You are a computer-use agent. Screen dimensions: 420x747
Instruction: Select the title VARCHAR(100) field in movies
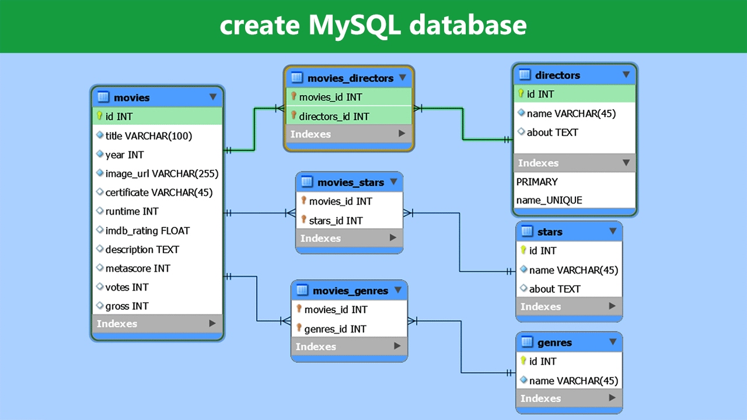[x=148, y=136]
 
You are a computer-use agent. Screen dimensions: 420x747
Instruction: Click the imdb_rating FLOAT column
[x=147, y=230]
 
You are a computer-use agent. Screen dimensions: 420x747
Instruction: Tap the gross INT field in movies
[x=127, y=306]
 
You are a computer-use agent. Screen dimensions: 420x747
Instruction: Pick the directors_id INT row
[x=334, y=116]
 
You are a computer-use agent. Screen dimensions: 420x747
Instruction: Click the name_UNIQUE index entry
[x=549, y=200]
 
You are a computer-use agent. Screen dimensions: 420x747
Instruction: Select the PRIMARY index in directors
[x=537, y=181]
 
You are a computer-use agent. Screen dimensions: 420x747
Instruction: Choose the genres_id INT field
[x=335, y=329]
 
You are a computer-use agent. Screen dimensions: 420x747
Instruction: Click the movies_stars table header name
[x=350, y=183]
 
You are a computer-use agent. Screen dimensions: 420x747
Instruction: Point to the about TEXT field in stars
[x=554, y=289]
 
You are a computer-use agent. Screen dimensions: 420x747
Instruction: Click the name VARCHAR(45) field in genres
[x=573, y=380]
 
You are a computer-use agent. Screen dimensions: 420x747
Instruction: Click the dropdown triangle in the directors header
[x=626, y=75]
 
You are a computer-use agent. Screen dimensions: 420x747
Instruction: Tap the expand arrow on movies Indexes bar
[x=212, y=323]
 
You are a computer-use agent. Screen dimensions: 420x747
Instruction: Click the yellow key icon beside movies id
[x=100, y=116]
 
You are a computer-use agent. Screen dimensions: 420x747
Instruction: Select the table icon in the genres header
[x=526, y=342]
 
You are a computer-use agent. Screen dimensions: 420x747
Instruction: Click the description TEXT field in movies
[x=142, y=249]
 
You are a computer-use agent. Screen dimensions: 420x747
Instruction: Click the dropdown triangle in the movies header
[x=213, y=97]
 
